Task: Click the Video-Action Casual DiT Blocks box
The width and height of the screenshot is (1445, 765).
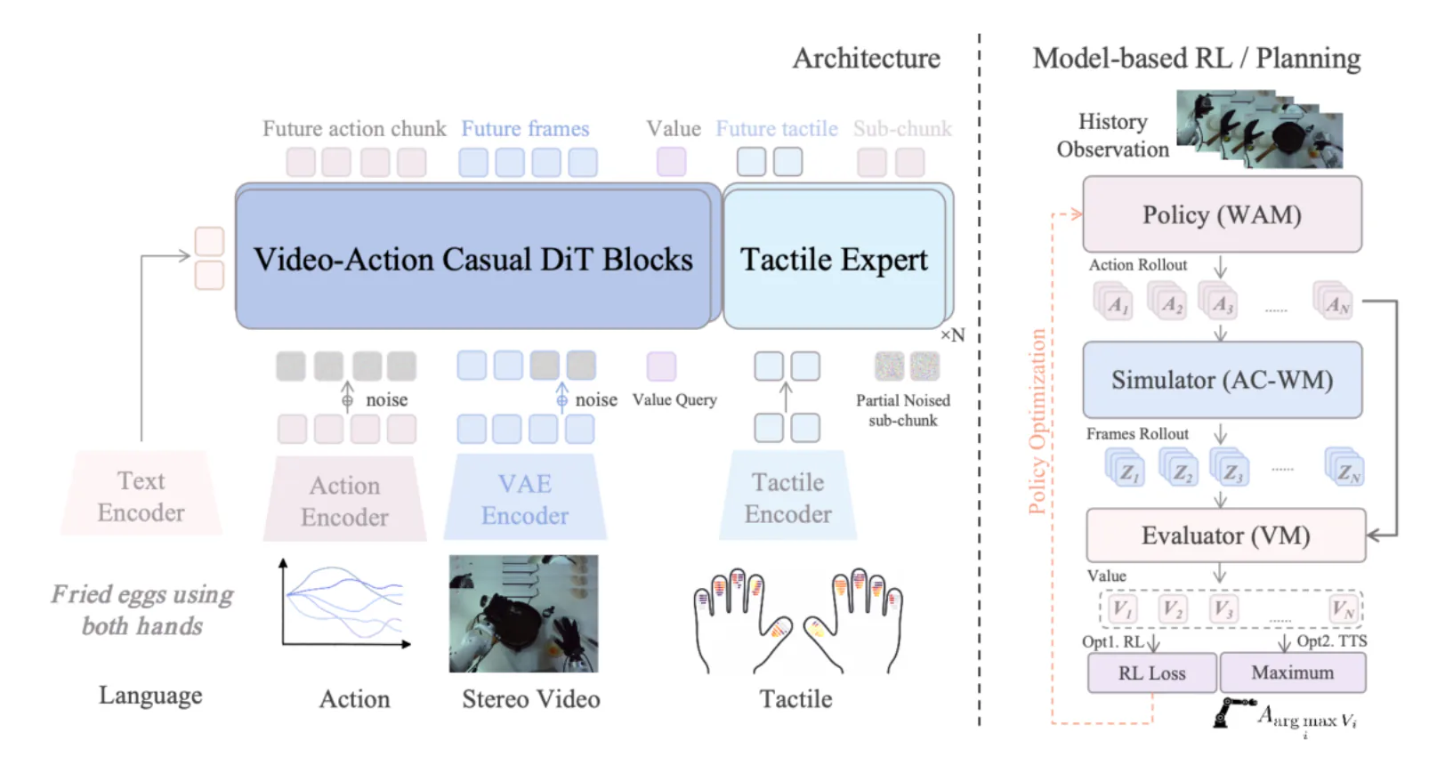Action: pos(474,258)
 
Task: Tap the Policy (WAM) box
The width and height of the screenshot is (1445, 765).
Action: pos(1222,214)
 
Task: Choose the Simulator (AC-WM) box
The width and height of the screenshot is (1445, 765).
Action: pos(1222,380)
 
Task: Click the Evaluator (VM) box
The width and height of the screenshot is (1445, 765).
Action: pos(1226,535)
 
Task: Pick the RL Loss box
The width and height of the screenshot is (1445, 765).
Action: pos(1151,672)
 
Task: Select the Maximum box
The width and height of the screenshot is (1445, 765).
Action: pos(1293,672)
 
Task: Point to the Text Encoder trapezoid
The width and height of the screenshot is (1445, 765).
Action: pos(141,493)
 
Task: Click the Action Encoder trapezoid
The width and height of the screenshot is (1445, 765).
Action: pos(344,499)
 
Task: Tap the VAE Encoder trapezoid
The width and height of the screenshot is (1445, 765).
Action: pos(524,496)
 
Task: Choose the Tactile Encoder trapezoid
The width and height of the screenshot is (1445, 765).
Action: pos(787,495)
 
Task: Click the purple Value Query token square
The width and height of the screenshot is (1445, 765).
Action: pos(661,366)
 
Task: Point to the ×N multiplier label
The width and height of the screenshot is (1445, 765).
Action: pos(952,335)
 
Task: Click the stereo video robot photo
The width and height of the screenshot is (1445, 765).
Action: pos(524,614)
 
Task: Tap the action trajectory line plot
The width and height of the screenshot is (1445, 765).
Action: pos(346,603)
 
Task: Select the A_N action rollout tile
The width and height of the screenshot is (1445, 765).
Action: pos(1333,301)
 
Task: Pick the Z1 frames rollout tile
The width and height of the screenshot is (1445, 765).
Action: pos(1125,468)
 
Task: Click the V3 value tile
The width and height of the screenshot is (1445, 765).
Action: pos(1223,608)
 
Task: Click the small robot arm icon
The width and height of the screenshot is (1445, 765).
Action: pos(1232,713)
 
